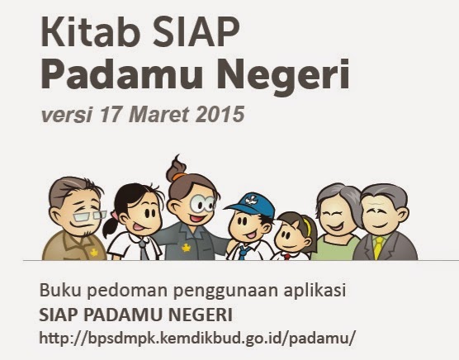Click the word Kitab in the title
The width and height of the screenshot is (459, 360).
pos(91,31)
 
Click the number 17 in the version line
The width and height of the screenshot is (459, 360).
pos(110,114)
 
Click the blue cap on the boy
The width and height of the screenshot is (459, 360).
pos(251,205)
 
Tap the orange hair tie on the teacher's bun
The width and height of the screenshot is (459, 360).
pos(179,177)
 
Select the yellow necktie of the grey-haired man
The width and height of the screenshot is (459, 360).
pos(378,248)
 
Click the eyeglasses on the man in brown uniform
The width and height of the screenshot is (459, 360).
pos(89,216)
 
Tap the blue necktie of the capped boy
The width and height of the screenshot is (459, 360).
pos(243,253)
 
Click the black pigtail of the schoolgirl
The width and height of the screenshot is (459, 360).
pos(111,227)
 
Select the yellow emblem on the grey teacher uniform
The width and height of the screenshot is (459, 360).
pos(187,249)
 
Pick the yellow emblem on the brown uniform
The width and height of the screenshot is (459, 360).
pos(93,253)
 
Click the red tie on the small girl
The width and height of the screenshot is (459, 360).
pos(287,257)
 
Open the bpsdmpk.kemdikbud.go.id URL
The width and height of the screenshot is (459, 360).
pos(197,338)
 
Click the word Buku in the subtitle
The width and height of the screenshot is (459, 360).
pos(60,291)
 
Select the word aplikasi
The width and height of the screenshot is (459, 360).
pos(315,291)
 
